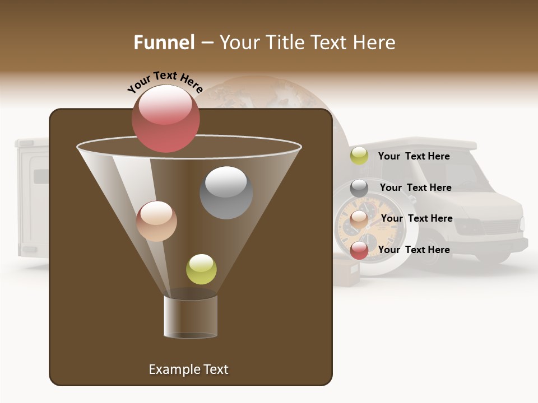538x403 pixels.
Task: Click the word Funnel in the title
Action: click(x=164, y=43)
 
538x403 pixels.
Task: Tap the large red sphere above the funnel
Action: click(x=166, y=118)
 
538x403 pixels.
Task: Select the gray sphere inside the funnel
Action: click(x=226, y=193)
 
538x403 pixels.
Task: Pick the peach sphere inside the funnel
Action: click(x=157, y=221)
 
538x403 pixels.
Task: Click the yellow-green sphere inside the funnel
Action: click(x=201, y=269)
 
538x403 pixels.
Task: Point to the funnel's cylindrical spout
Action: click(x=191, y=316)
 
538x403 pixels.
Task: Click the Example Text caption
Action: click(x=188, y=369)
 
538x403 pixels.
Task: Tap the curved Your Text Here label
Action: click(x=165, y=82)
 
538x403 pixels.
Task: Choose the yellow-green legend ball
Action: click(x=359, y=156)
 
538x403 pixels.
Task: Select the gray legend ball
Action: click(x=359, y=188)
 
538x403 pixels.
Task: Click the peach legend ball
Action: click(x=359, y=219)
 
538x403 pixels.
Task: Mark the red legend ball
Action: click(x=359, y=250)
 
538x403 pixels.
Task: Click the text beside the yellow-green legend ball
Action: click(x=414, y=156)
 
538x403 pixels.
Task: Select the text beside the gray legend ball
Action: click(x=415, y=188)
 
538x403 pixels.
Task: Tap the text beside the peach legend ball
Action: click(x=416, y=218)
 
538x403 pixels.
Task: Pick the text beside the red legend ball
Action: click(x=414, y=250)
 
